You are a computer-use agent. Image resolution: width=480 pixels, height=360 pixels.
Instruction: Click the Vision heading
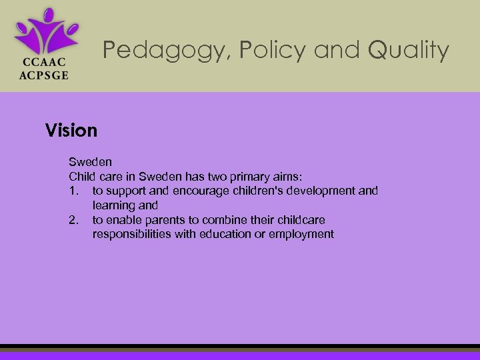71,130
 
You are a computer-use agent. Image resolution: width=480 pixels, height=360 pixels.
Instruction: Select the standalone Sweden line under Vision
90,162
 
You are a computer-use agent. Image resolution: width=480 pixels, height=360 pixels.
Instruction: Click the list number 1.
73,191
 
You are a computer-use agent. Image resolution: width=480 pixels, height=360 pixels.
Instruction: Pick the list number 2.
73,220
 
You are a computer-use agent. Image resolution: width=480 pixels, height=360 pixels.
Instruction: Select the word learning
113,206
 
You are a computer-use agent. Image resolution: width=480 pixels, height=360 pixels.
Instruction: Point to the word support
125,191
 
